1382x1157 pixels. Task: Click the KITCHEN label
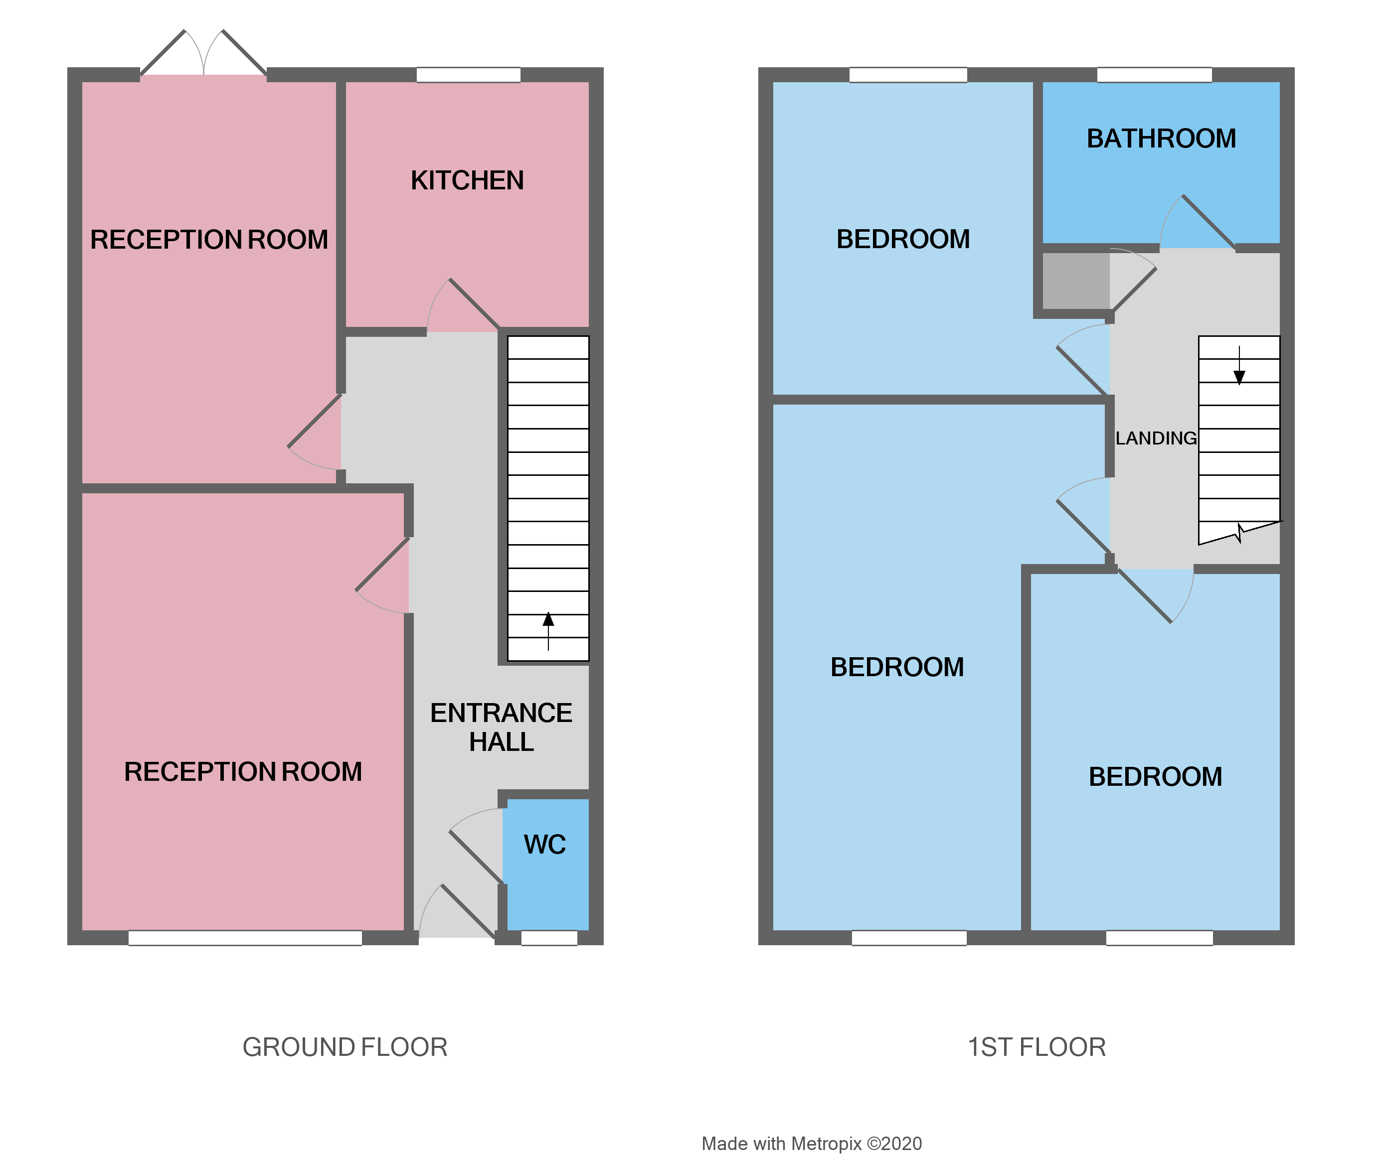pyautogui.click(x=467, y=180)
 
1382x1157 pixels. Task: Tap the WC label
pyautogui.click(x=544, y=845)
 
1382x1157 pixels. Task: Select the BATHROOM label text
pyautogui.click(x=1161, y=139)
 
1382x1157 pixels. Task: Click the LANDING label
pyautogui.click(x=1156, y=438)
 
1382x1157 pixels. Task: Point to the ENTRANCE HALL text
pyautogui.click(x=501, y=727)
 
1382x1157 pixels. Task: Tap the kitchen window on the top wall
pyautogui.click(x=468, y=74)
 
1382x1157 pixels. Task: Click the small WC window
pyautogui.click(x=549, y=938)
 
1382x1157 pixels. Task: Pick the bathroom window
pyautogui.click(x=1154, y=74)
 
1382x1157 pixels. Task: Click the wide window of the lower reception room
pyautogui.click(x=245, y=938)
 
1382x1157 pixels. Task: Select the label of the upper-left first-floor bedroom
pyautogui.click(x=903, y=240)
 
